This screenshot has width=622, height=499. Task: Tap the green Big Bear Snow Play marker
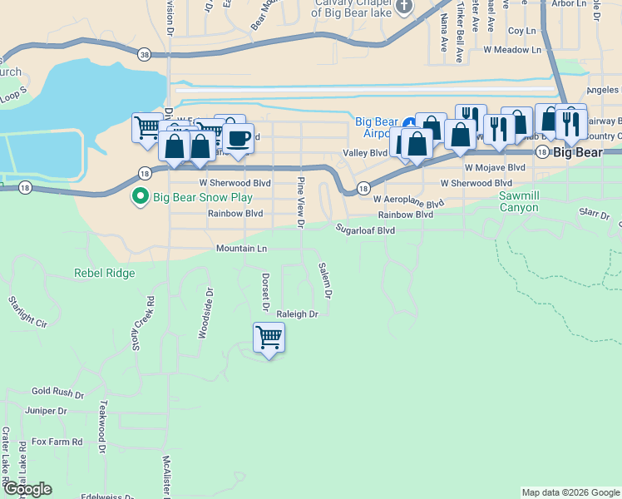pos(141,197)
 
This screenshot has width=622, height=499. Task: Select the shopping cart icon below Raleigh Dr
pos(269,338)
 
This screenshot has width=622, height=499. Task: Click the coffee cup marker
pos(239,138)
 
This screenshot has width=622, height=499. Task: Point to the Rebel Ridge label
pos(104,273)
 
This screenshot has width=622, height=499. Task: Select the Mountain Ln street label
pos(241,249)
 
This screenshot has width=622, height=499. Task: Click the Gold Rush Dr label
pos(54,391)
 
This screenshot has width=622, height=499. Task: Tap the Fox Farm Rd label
pos(57,442)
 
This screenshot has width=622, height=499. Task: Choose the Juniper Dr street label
pos(46,411)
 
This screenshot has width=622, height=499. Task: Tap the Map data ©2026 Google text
pos(570,492)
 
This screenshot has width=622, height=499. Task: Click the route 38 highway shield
pos(146,54)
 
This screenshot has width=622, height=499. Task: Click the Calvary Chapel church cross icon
pos(404,7)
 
